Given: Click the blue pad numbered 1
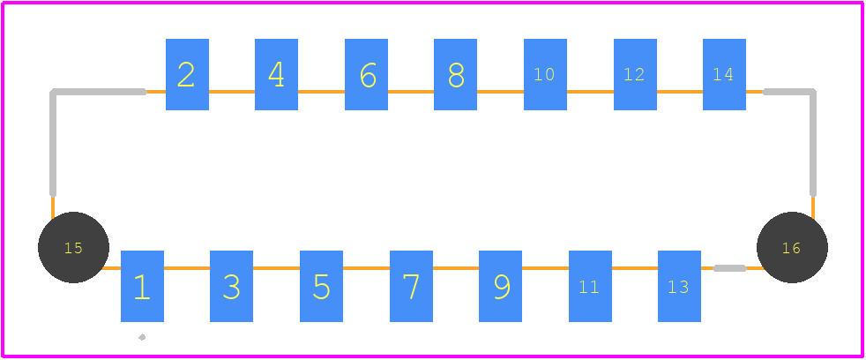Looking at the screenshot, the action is point(143,286).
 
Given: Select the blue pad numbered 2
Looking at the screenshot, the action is point(187,74).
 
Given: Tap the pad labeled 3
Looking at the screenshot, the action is point(231,286).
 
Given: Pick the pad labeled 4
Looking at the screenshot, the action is point(276,74).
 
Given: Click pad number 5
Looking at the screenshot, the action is point(321,286).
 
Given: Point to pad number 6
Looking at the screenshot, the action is point(366,74).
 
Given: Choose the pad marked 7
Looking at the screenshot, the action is point(412,286).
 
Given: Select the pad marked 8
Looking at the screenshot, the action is point(456,74).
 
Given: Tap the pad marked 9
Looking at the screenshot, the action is point(500,286).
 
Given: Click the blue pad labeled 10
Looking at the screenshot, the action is point(545,74).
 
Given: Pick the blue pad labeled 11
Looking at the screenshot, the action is point(590,286).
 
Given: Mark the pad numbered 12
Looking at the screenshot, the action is point(635,74).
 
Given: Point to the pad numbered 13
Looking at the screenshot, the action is point(679,286).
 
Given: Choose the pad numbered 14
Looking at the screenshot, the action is point(724,74).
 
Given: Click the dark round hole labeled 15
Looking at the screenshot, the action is point(73,247).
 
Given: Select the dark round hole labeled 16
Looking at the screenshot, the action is point(792,247).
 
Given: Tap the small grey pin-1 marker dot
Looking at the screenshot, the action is point(142,337).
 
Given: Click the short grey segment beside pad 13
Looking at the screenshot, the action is point(729,268).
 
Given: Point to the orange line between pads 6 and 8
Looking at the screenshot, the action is point(411,92).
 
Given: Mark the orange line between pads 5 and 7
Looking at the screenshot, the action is point(366,268).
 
